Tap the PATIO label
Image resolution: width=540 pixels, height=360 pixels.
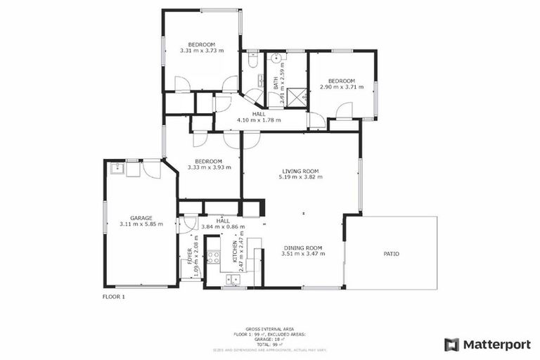click(x=391, y=253)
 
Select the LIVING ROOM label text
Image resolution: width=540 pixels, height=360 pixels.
click(x=301, y=171)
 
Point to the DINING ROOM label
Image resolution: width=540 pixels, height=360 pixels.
click(x=303, y=247)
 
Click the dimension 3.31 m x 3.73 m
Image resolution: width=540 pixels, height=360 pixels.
click(x=201, y=51)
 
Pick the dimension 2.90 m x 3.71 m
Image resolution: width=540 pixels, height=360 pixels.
click(x=342, y=86)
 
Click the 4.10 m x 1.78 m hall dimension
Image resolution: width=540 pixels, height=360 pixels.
click(x=259, y=120)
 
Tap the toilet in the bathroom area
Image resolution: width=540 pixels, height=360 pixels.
click(x=252, y=61)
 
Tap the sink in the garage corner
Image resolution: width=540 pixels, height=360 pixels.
click(x=115, y=169)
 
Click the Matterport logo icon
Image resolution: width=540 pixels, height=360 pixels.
click(x=451, y=345)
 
